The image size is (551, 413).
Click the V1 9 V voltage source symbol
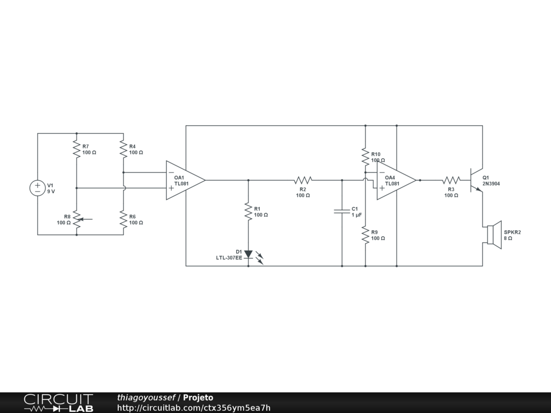[x=38, y=188]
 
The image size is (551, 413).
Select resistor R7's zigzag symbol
[x=76, y=149]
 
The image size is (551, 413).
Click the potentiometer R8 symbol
[x=77, y=219]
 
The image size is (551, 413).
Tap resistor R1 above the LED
[x=248, y=211]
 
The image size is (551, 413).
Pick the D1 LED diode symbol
[x=248, y=254]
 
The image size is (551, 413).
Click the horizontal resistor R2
[x=303, y=180]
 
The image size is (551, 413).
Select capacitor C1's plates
[x=342, y=211]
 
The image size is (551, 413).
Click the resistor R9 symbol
[x=365, y=235]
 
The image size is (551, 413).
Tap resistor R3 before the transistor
[x=451, y=180]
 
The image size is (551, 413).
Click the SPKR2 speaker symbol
[x=493, y=235]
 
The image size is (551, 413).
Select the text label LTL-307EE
[x=229, y=258]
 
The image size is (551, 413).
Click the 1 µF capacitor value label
[x=356, y=215]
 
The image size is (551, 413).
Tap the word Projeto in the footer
[x=198, y=398]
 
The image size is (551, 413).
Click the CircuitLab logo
[x=58, y=403]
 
